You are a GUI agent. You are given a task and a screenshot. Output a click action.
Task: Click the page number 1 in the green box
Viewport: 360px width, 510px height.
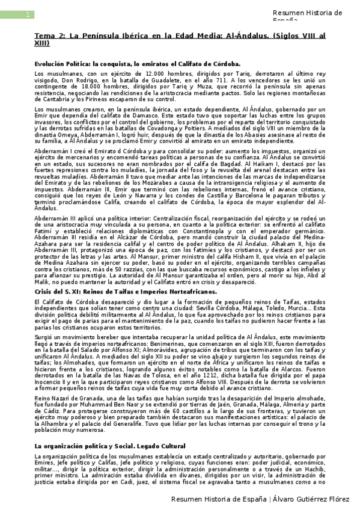pos(26,15)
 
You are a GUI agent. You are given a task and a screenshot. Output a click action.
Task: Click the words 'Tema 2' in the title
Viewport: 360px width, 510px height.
pos(49,36)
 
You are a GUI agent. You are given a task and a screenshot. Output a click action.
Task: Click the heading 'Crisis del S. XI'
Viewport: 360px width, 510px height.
pos(62,292)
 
